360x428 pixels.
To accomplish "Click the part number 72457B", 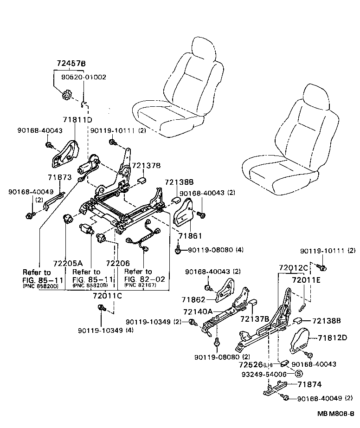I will tap(71, 63).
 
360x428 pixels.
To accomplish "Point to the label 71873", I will tap(59, 177).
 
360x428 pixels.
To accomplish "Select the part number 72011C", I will tap(107, 296).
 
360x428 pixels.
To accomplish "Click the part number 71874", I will tap(309, 384).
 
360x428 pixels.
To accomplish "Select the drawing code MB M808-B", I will tap(336, 414).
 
